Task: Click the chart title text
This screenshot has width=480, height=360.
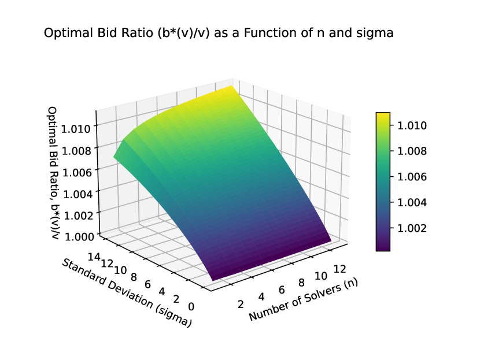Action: point(219,34)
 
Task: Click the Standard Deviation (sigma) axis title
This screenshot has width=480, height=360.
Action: point(126,294)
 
